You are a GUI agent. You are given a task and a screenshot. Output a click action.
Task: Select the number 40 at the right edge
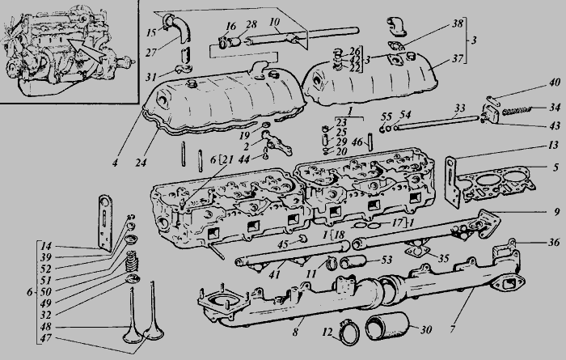555,83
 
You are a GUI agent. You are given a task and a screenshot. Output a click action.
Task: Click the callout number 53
386,260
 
